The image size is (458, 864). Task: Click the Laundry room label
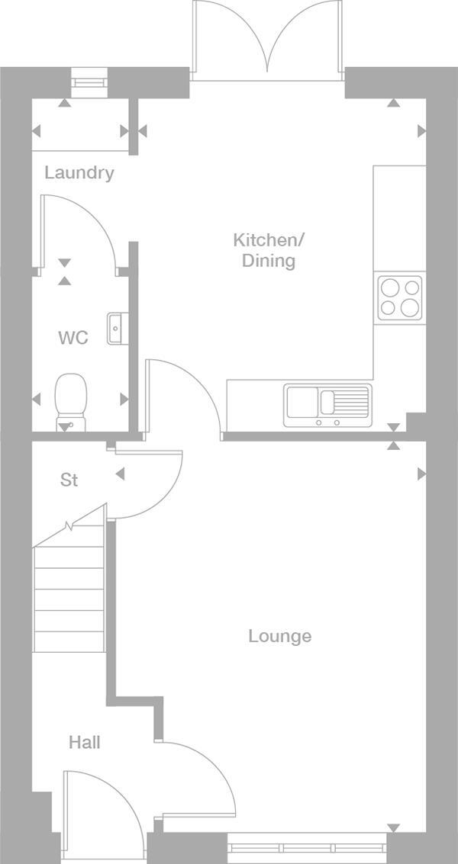79,172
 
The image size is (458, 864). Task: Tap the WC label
73,338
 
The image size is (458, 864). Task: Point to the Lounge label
280,636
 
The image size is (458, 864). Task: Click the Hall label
84,742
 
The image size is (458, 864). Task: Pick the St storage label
69,480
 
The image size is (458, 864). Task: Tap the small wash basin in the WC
114,328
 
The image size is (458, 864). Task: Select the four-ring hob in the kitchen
400,297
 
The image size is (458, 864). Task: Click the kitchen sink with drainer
327,405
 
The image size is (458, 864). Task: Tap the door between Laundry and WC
76,229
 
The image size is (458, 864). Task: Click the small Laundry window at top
90,79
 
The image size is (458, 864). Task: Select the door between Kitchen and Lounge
183,397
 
